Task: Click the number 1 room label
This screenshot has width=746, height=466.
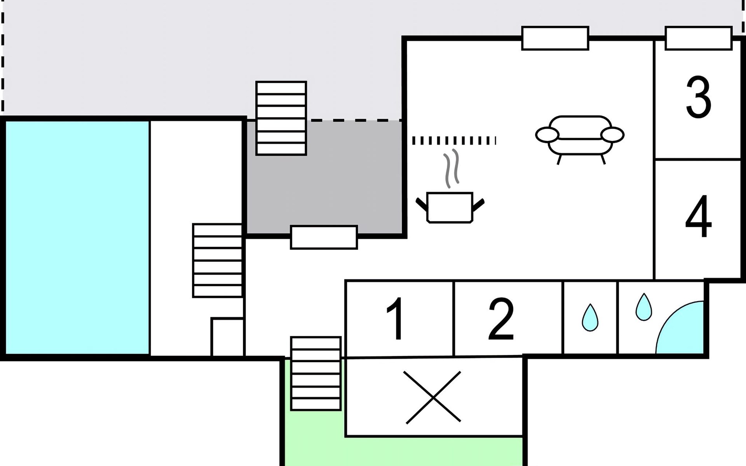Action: [396, 318]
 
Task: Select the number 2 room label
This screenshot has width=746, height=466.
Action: [501, 319]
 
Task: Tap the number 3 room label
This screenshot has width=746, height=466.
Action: [699, 97]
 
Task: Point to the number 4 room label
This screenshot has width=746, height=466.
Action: [698, 216]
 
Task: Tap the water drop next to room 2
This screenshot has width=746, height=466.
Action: [590, 317]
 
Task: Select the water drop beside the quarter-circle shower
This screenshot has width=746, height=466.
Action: [643, 307]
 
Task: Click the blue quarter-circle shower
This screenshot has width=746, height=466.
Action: [680, 327]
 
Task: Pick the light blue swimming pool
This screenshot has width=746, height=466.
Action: [77, 238]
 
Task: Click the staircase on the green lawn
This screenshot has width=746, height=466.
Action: [316, 374]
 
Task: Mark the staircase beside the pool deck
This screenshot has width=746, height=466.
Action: [218, 261]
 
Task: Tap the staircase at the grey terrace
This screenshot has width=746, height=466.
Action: [281, 118]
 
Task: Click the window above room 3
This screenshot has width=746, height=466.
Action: [699, 38]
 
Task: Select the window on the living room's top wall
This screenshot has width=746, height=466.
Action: [555, 38]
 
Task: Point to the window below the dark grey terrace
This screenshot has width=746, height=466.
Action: [324, 237]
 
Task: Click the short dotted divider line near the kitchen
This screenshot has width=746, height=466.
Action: [454, 141]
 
